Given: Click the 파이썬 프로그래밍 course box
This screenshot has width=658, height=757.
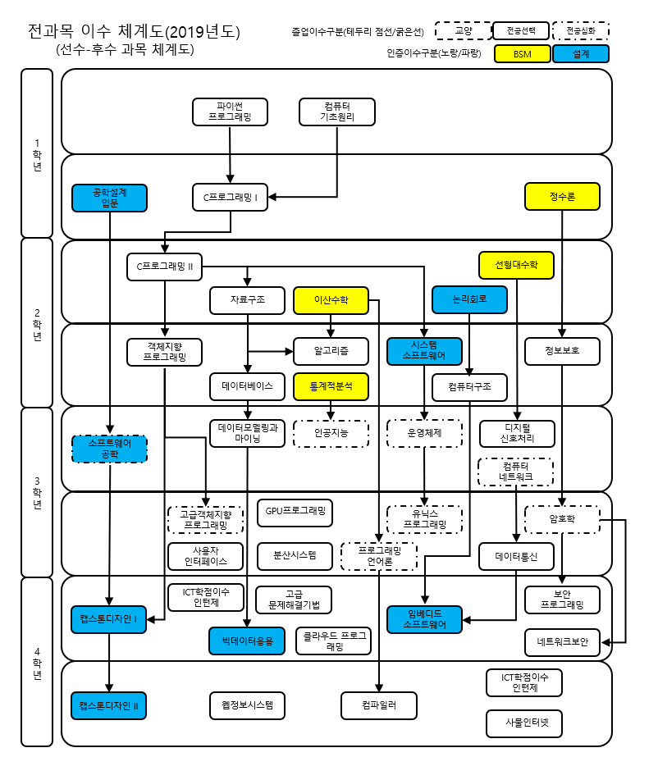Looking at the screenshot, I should pyautogui.click(x=230, y=112).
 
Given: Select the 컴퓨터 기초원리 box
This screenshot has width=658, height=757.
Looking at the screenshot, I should pyautogui.click(x=336, y=112).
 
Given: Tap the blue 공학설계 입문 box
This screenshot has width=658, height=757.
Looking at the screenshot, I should pyautogui.click(x=110, y=197).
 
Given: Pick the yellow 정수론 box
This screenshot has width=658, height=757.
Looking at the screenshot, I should pyautogui.click(x=562, y=196).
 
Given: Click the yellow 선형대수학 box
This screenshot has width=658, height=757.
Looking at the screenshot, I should pyautogui.click(x=516, y=265).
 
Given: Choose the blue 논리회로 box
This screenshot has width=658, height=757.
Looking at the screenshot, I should pyautogui.click(x=469, y=300).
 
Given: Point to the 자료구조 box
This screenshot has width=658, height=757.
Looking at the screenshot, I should pyautogui.click(x=248, y=300).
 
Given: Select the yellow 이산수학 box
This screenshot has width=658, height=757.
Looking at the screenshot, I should pyautogui.click(x=331, y=300).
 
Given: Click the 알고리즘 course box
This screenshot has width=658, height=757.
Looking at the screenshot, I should pyautogui.click(x=331, y=351).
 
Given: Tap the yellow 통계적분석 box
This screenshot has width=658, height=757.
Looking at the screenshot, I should pyautogui.click(x=331, y=385).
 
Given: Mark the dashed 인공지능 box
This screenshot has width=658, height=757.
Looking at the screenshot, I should pyautogui.click(x=331, y=432).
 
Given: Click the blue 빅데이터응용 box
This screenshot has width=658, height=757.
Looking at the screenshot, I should pyautogui.click(x=247, y=638).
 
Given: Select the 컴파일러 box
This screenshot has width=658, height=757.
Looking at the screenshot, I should pyautogui.click(x=378, y=705).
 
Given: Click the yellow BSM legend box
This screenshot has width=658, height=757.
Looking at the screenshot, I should pyautogui.click(x=522, y=53).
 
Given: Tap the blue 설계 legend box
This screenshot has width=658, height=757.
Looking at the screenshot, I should pyautogui.click(x=580, y=53).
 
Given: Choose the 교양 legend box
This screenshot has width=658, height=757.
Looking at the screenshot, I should pyautogui.click(x=463, y=31).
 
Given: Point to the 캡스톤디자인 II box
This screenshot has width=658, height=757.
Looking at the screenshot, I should pyautogui.click(x=109, y=705).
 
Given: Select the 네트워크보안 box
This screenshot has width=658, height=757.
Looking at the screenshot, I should pyautogui.click(x=563, y=642).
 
